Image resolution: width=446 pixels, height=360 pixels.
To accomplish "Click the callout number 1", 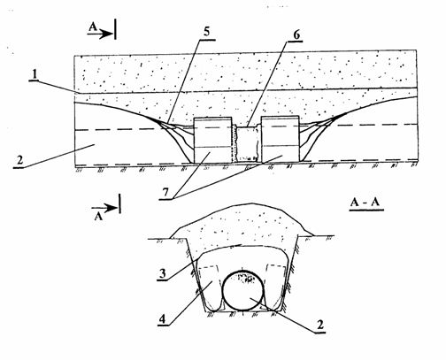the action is (35, 75).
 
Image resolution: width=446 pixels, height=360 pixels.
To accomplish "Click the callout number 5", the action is (207, 32).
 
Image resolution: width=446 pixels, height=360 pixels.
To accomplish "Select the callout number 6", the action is (296, 34).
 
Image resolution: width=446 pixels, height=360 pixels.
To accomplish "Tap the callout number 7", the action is (165, 193).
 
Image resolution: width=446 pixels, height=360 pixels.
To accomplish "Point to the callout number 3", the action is (163, 273).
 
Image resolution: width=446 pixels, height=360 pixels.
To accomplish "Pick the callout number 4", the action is (163, 318).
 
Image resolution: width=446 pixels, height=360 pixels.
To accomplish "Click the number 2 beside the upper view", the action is (19, 160).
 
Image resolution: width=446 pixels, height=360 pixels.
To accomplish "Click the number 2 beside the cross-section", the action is (319, 325).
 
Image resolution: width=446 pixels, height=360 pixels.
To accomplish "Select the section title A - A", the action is (365, 203).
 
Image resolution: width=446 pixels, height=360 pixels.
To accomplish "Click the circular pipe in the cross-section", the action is (243, 290).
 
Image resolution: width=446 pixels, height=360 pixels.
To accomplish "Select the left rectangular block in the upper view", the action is (212, 140).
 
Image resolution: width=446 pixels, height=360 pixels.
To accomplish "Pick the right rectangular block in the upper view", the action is (281, 139).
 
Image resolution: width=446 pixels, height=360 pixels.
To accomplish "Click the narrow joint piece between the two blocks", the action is (247, 144).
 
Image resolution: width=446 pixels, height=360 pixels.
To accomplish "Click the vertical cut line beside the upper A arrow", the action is (115, 29).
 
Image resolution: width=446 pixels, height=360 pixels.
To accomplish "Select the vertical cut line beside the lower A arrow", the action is (119, 203).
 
